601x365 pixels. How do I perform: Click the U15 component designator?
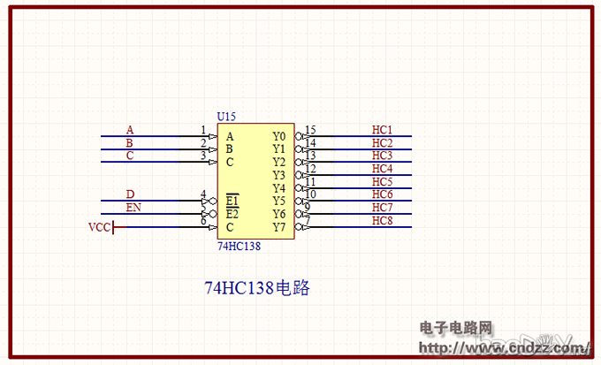tap(226, 117)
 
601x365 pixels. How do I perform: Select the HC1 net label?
tap(382, 130)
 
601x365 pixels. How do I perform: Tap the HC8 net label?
tap(382, 220)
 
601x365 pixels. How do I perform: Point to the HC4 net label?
tap(382, 169)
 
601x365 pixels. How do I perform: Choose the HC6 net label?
tap(382, 194)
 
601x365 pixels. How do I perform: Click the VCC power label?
tap(99, 227)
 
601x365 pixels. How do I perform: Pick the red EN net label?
tap(133, 208)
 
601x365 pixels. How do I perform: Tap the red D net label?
tap(130, 194)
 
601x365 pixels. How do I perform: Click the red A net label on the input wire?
tap(130, 130)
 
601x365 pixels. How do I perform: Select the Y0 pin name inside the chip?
tap(279, 137)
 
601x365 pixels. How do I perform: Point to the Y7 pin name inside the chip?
tap(279, 227)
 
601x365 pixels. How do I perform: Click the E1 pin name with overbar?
tap(232, 201)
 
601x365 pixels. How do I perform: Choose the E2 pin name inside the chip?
tap(232, 214)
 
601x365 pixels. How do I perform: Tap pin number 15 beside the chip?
tap(310, 130)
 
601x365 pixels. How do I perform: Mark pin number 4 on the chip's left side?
tap(203, 194)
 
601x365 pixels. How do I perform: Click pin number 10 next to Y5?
tap(310, 194)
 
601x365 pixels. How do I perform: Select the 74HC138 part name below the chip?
tap(239, 246)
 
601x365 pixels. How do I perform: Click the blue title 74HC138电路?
tap(257, 288)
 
